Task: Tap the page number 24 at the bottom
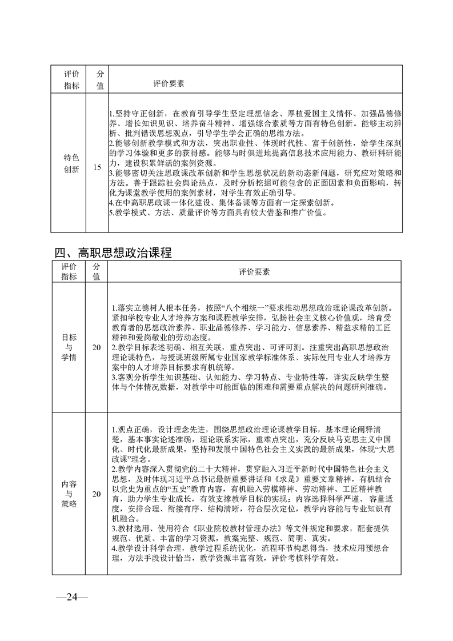tap(71, 598)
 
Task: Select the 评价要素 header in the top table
tap(169, 83)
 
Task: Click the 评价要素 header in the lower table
tap(255, 272)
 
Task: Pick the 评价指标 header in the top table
tap(71, 80)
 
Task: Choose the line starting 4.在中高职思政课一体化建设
tap(223, 203)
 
